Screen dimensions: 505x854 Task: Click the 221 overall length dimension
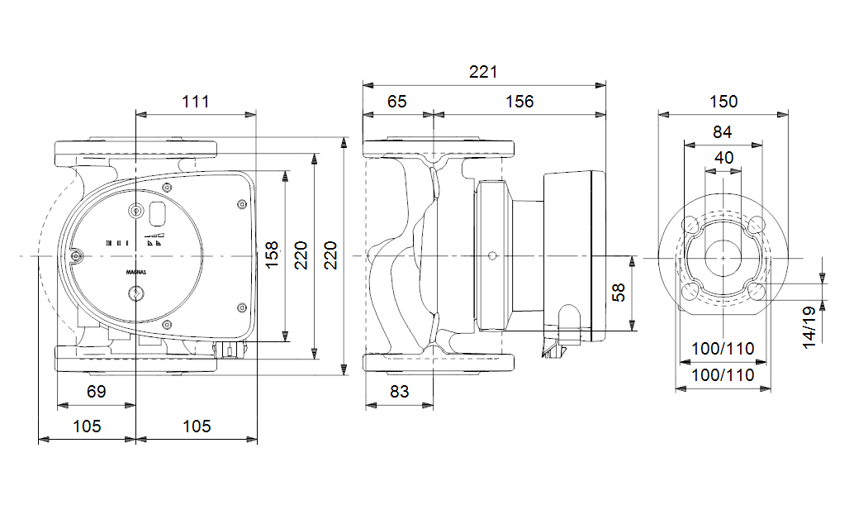(483, 72)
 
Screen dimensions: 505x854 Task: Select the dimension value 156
(520, 102)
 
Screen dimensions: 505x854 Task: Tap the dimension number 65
(397, 102)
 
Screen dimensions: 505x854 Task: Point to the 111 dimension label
(196, 102)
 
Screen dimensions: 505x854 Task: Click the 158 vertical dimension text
(272, 257)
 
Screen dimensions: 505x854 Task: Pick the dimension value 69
(97, 392)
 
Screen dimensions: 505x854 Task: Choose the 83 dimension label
(400, 392)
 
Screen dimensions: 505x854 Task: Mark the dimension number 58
(619, 292)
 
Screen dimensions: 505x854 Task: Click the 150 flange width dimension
(724, 102)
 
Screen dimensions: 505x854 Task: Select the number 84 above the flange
(723, 131)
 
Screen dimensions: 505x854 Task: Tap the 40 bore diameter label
(724, 158)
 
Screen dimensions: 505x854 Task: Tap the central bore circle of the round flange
(723, 257)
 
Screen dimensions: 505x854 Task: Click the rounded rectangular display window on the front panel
(156, 215)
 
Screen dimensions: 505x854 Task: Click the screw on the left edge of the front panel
(76, 257)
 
